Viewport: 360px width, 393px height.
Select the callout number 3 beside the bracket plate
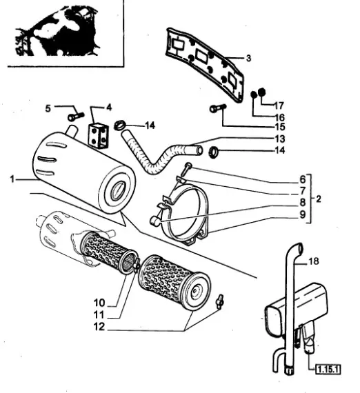(248, 57)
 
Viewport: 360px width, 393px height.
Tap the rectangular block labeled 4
(100, 134)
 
